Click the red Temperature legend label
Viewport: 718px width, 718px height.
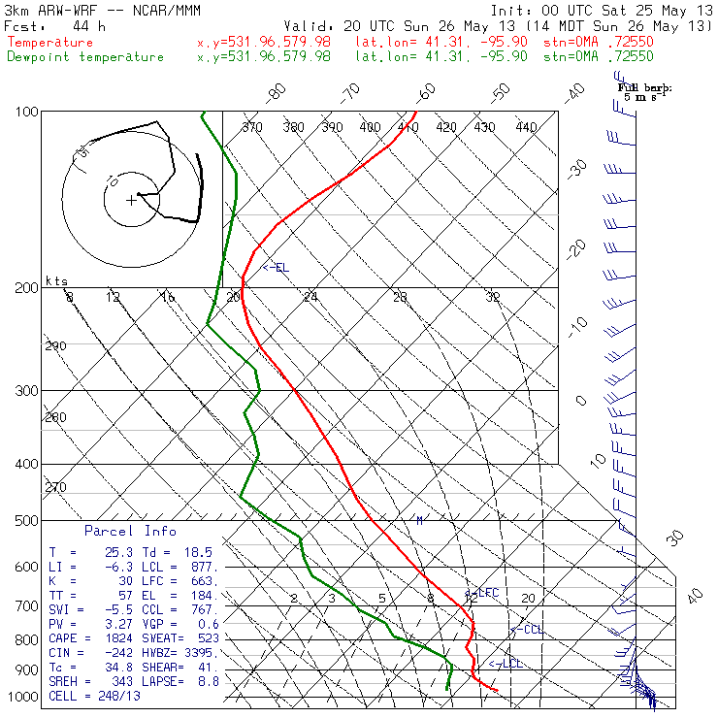pos(50,43)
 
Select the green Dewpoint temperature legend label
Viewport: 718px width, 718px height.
pos(85,56)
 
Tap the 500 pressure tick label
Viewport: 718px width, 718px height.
pos(26,521)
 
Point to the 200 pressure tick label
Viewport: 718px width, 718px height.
pos(26,287)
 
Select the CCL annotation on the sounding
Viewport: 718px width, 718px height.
pos(530,630)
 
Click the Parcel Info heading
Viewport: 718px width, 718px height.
pos(130,531)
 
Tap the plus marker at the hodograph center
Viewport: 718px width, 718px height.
pos(131,200)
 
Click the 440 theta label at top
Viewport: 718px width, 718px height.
pos(526,127)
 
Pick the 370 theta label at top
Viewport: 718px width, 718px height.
pos(252,127)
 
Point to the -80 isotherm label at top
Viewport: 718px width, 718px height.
pos(277,92)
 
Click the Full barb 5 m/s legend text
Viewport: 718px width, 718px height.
pos(645,91)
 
